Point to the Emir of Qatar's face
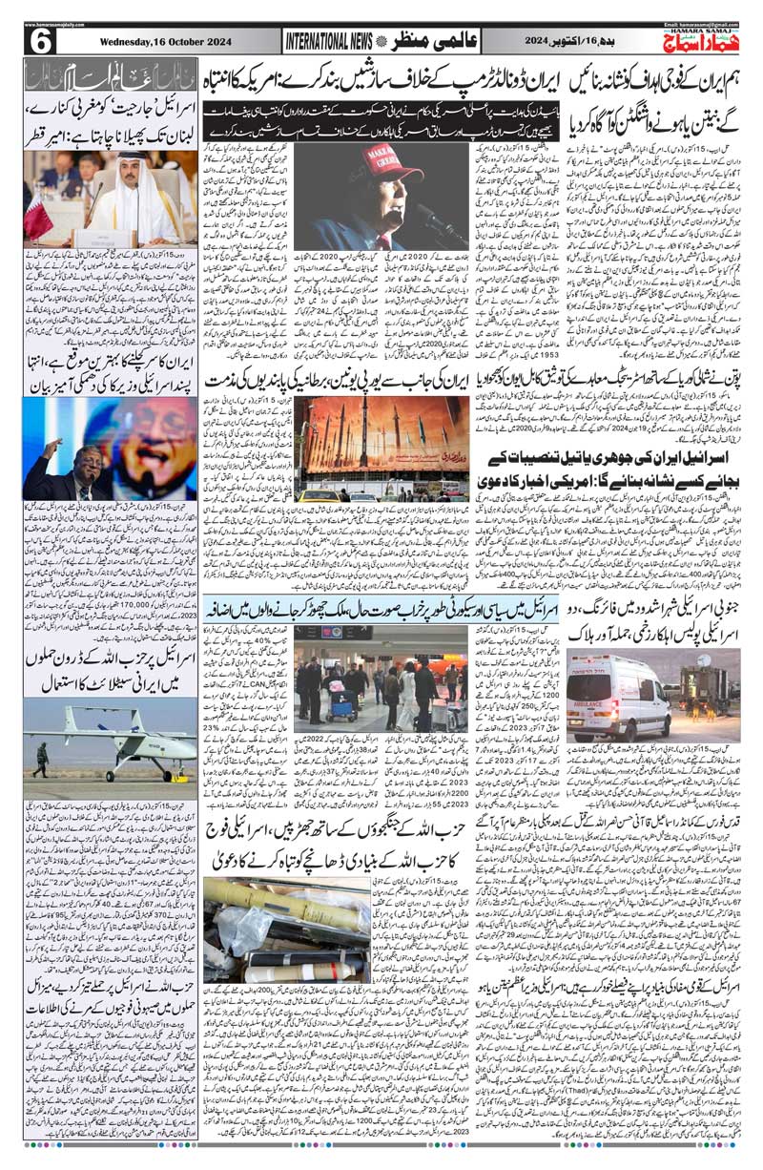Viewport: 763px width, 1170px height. click(127, 173)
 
